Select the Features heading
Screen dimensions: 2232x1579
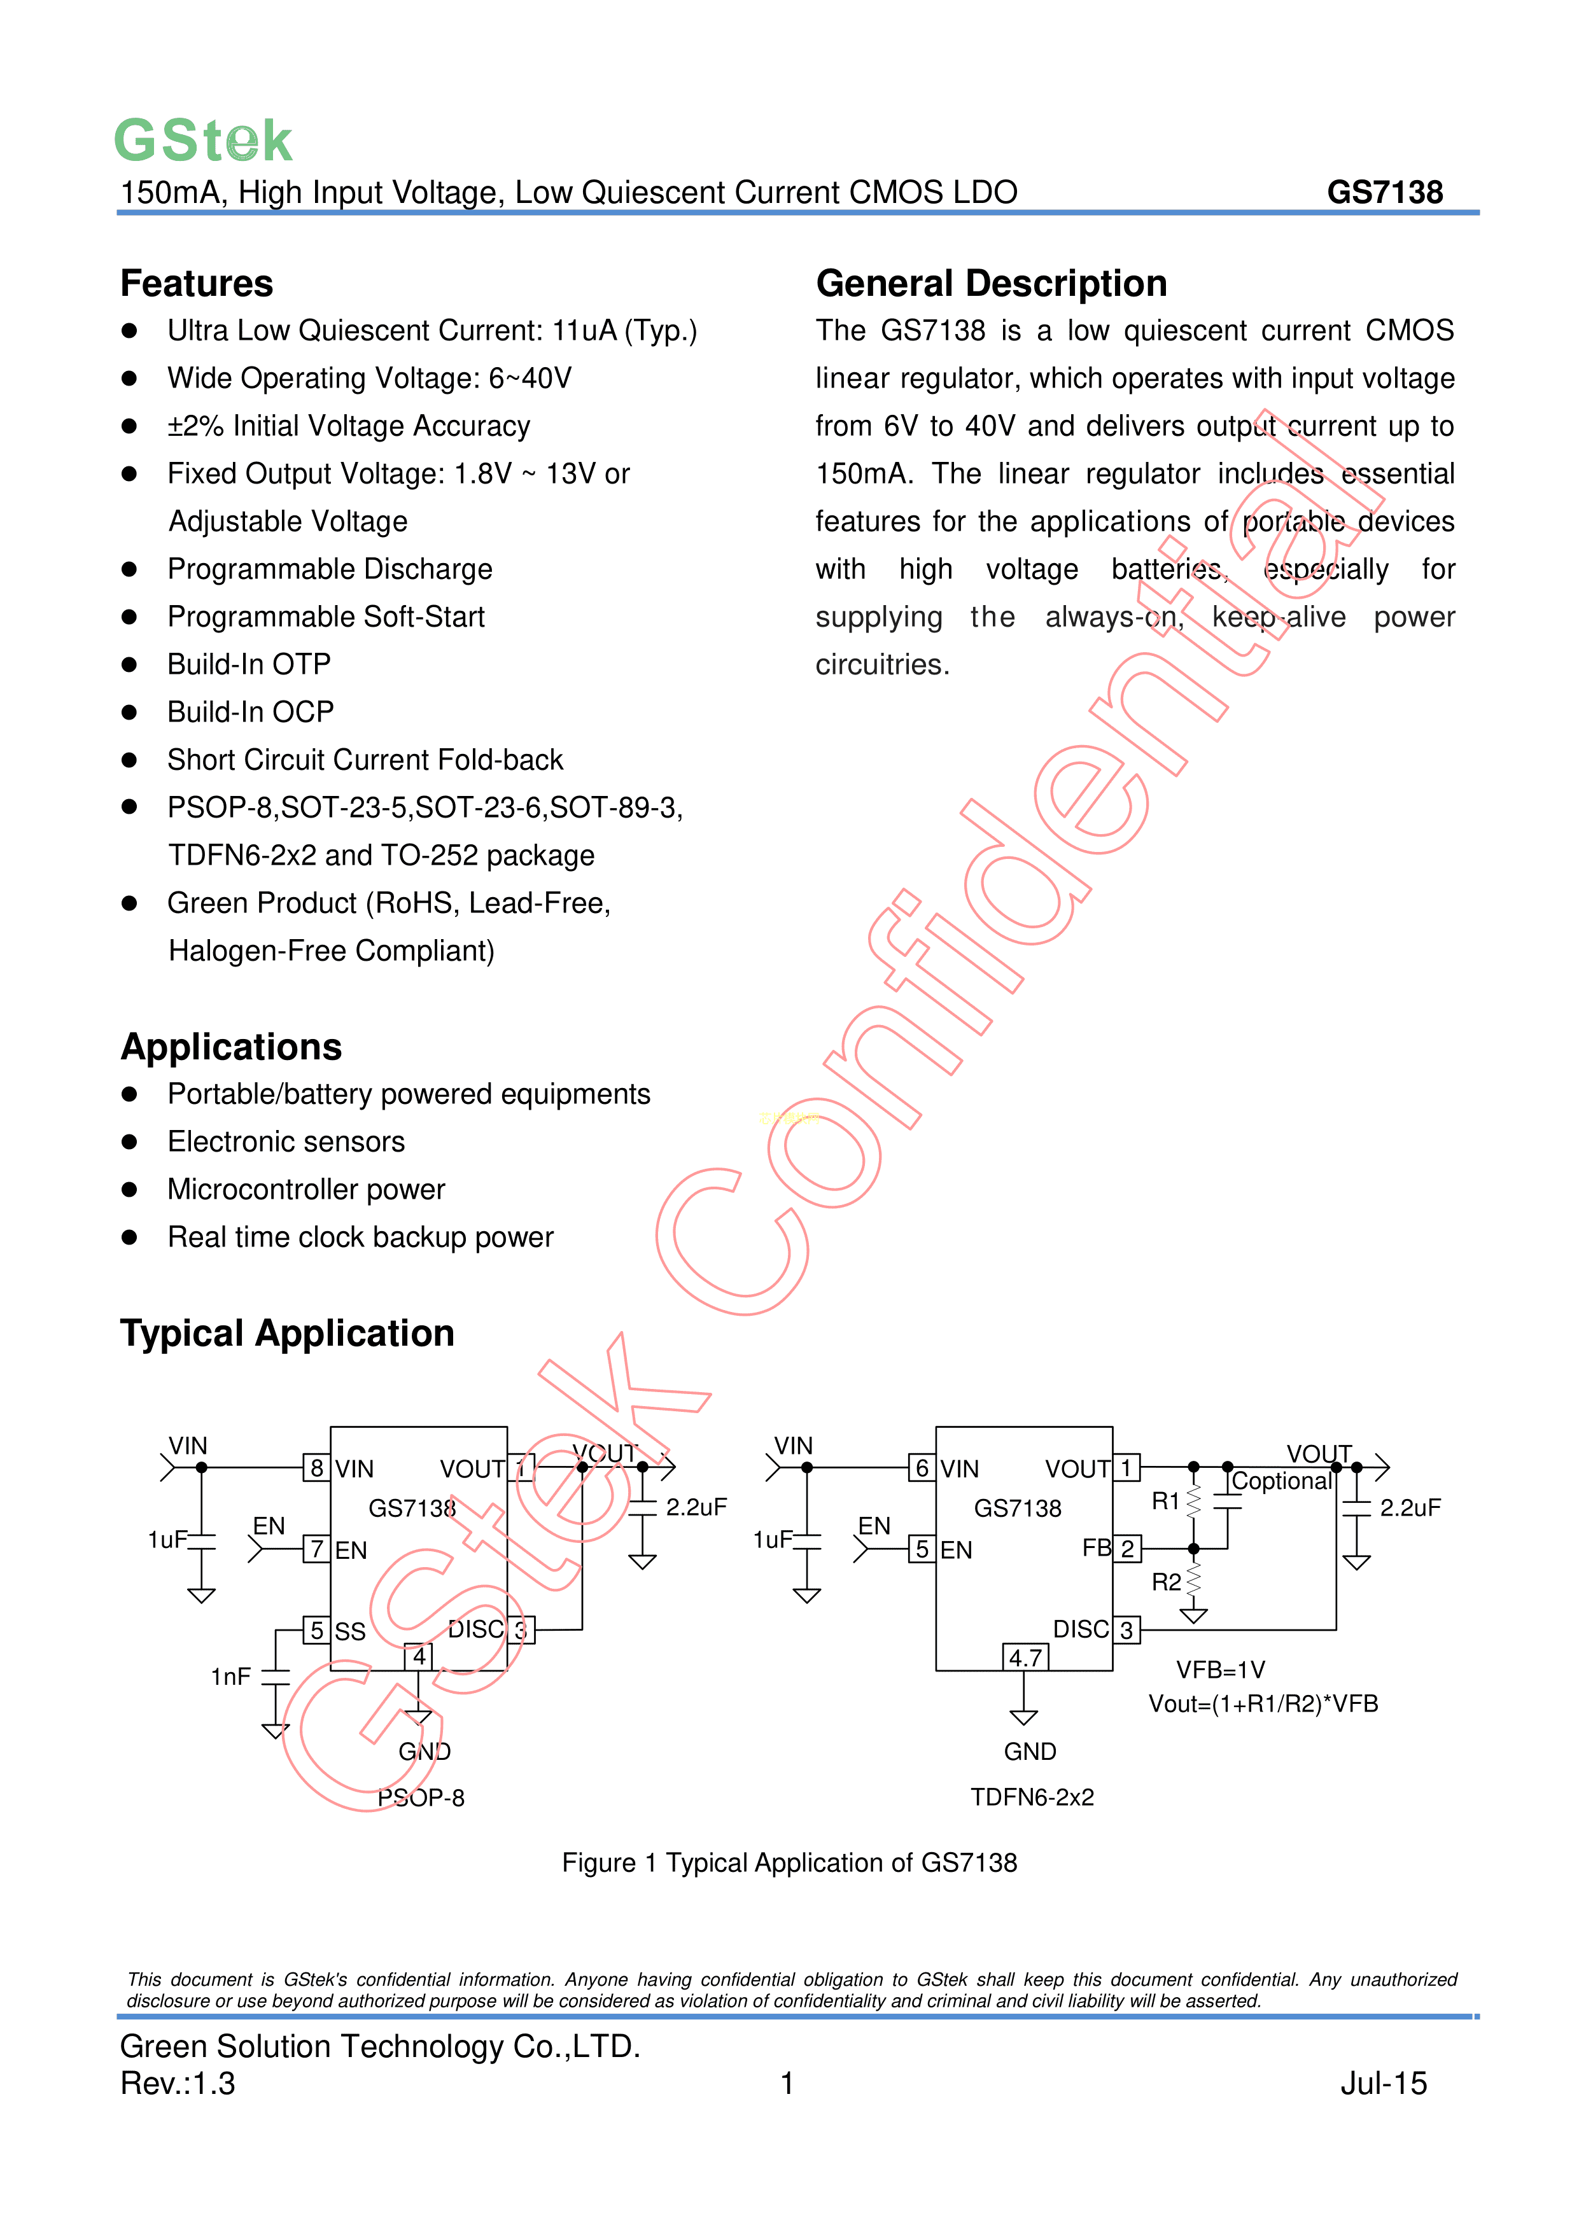tap(197, 284)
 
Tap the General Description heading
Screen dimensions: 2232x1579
tap(991, 284)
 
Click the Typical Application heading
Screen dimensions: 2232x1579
tap(287, 1333)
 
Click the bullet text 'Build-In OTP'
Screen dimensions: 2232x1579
tap(249, 664)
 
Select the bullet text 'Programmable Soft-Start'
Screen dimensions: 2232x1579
tap(326, 617)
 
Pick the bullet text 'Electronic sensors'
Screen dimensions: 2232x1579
tap(286, 1141)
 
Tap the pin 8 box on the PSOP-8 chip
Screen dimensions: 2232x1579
tap(316, 1467)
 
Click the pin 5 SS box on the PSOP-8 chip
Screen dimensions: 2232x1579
tap(316, 1629)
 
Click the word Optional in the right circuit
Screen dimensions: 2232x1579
tap(1282, 1481)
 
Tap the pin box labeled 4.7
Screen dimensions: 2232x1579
tap(1025, 1657)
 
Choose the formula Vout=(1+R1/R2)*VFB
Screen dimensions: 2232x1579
tap(1263, 1703)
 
